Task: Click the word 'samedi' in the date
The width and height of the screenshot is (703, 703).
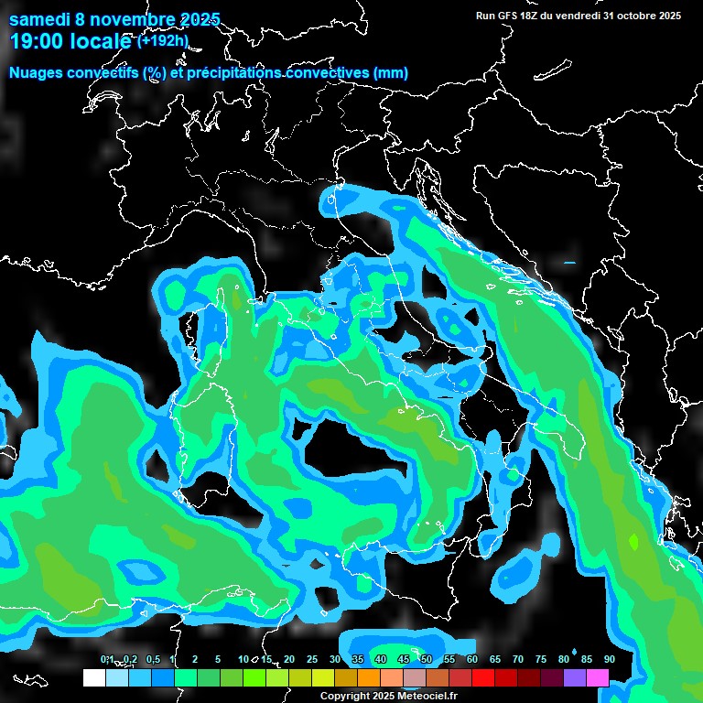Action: click(39, 19)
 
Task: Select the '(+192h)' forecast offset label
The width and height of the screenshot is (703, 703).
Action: click(163, 40)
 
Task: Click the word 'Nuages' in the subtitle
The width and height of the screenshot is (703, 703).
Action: click(38, 72)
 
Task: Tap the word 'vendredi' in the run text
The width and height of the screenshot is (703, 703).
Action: click(579, 15)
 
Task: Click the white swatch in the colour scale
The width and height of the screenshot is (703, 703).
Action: click(93, 678)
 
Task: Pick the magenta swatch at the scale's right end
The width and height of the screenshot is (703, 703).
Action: click(598, 678)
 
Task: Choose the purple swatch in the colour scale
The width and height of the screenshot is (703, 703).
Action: click(575, 678)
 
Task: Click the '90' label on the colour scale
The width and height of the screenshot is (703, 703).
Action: click(609, 660)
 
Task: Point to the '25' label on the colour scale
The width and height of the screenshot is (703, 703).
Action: click(311, 660)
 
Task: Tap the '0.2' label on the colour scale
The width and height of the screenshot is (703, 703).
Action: click(131, 660)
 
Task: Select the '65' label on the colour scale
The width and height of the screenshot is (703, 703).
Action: click(494, 660)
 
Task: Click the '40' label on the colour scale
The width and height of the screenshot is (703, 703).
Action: click(380, 660)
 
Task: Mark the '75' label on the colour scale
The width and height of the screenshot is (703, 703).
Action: click(540, 660)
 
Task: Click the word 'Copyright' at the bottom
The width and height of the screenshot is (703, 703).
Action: click(345, 696)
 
